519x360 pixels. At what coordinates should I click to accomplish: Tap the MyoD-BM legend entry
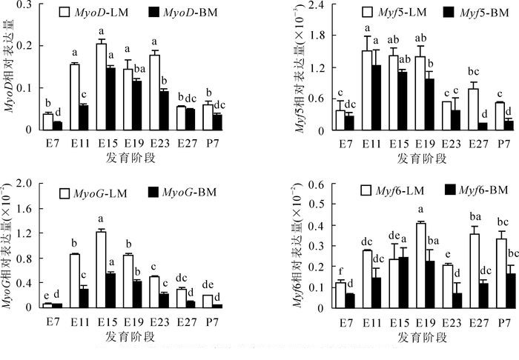click(188, 13)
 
